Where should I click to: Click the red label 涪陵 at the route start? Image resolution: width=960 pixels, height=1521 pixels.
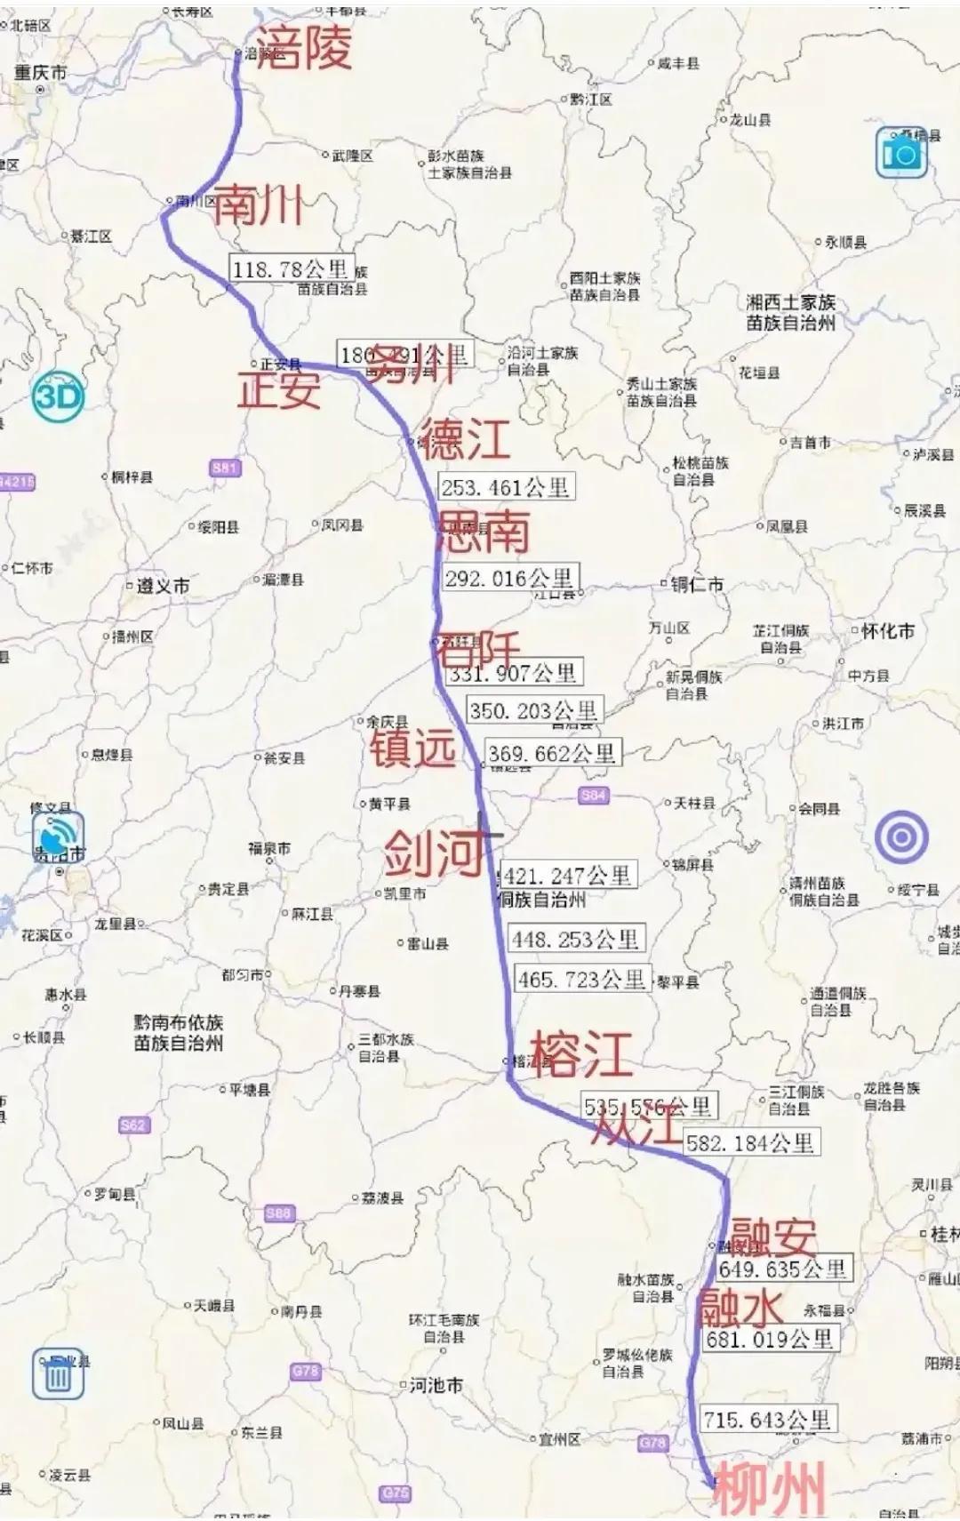pos(305,48)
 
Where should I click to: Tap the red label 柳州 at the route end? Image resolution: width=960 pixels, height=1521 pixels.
pos(770,1488)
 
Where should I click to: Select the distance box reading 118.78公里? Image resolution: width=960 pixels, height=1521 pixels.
pos(290,268)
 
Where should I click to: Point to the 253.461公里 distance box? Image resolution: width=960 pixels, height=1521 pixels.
pos(505,486)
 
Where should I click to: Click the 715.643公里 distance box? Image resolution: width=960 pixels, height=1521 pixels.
pos(766,1420)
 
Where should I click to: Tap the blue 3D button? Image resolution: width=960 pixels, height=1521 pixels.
pos(59,396)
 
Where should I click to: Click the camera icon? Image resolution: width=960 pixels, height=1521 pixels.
pos(901,154)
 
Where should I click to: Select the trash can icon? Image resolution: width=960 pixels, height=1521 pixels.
pos(59,1374)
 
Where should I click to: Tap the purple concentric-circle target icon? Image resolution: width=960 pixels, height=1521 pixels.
pos(901,837)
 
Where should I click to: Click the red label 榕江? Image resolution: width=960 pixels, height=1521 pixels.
pos(581,1054)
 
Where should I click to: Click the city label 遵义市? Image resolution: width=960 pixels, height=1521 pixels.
pos(163,587)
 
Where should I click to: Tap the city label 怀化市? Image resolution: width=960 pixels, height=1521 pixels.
pos(887,631)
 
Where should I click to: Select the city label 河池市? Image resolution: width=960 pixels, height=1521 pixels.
pos(436,1385)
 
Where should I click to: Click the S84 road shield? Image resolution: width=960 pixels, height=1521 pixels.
pos(593,796)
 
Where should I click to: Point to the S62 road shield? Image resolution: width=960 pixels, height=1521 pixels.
pos(132,1125)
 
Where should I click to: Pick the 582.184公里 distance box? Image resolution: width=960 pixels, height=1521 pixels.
pos(750,1142)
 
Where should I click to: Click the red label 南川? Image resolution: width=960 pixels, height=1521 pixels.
pos(259,204)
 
